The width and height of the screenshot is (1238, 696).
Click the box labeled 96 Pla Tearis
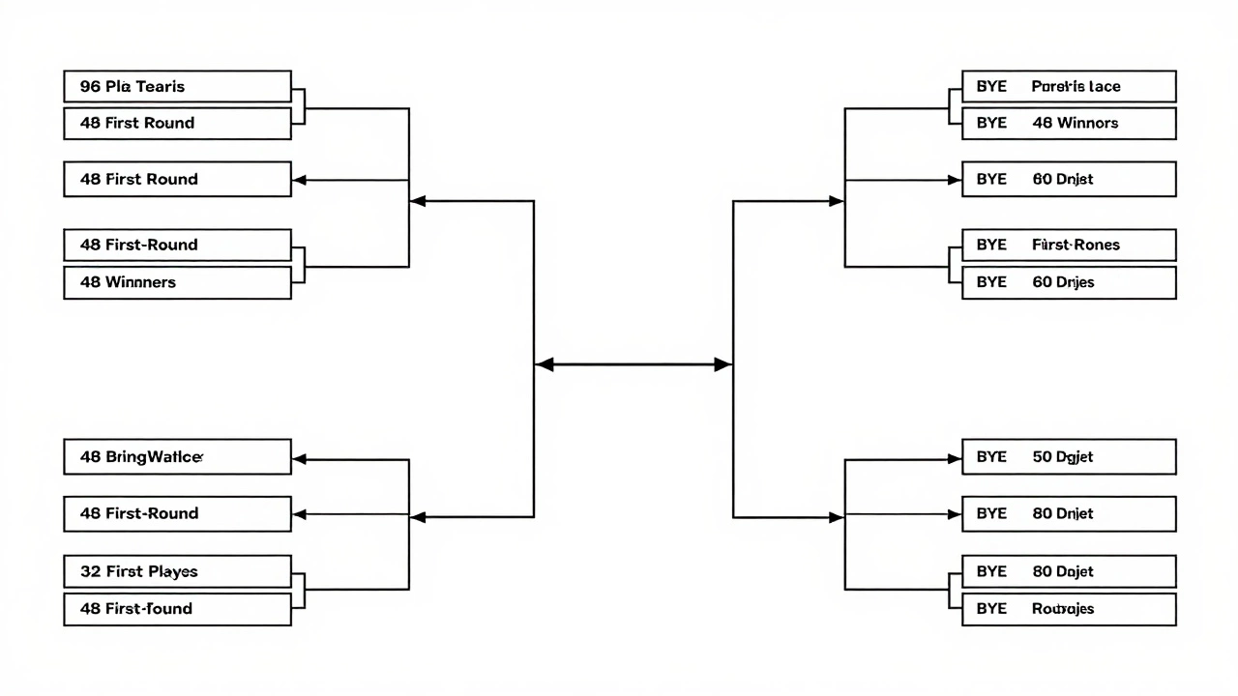[x=177, y=86]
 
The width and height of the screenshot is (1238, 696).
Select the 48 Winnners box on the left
[x=177, y=282]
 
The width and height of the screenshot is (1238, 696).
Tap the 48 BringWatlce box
[x=177, y=457]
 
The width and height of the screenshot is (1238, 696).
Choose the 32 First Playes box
[x=177, y=571]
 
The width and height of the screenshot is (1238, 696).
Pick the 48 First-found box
[x=177, y=609]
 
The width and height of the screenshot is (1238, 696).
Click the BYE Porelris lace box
[x=1069, y=86]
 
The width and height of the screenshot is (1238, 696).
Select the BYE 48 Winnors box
[x=1069, y=123]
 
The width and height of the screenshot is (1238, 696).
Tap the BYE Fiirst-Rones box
[x=1069, y=245]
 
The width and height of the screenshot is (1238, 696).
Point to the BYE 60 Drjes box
[x=1069, y=282]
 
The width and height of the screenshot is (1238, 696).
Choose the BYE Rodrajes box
[x=1069, y=609]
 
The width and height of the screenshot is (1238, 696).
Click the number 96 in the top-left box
[x=90, y=86]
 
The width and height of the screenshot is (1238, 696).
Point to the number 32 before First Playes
[x=90, y=571]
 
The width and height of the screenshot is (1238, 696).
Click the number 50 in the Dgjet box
[x=1042, y=457]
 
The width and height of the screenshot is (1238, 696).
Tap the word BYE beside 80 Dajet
[x=991, y=571]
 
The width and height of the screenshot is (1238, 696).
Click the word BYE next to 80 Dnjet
[x=991, y=513]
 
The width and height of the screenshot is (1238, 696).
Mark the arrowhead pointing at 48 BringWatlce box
[x=300, y=459]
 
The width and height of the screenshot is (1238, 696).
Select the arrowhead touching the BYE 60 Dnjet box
[x=954, y=180]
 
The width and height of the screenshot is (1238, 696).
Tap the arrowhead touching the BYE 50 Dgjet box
[x=954, y=459]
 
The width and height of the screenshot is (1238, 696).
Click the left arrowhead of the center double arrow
[x=545, y=364]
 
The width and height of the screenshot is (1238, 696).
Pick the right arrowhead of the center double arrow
[x=722, y=364]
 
